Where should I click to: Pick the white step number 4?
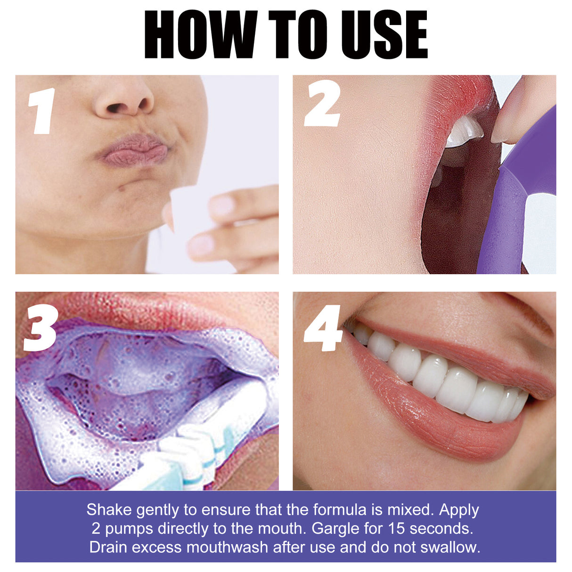(323, 328)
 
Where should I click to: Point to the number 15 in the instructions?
(397, 529)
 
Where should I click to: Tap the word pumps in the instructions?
(129, 529)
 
